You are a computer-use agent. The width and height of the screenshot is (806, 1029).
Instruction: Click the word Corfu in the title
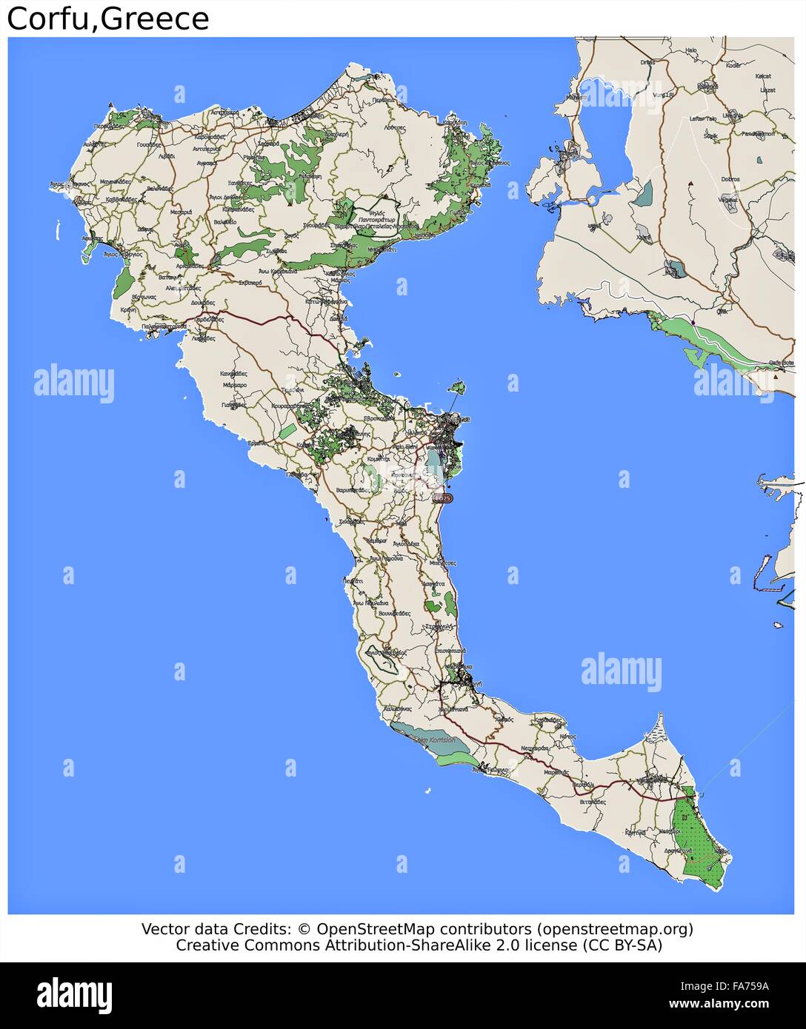click(50, 19)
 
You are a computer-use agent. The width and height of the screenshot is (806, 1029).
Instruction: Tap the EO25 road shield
click(442, 498)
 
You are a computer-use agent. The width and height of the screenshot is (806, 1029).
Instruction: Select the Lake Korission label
click(436, 740)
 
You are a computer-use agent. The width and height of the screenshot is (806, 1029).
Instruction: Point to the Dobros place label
click(730, 179)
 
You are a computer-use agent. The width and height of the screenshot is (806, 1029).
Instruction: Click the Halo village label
click(691, 50)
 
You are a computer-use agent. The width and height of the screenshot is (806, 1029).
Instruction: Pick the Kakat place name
click(763, 76)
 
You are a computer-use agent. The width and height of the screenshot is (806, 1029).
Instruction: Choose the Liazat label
click(767, 90)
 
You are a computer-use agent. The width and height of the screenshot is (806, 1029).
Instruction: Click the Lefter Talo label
click(703, 118)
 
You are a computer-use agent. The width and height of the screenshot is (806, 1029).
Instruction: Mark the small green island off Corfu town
click(458, 386)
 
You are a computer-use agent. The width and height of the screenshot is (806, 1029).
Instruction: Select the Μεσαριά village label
click(181, 212)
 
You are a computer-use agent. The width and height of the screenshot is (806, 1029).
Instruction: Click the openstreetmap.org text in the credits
click(615, 928)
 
